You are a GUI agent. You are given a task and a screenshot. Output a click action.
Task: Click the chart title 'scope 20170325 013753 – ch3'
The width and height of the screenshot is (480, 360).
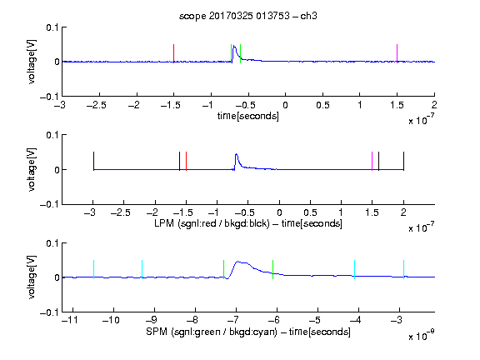click(x=248, y=16)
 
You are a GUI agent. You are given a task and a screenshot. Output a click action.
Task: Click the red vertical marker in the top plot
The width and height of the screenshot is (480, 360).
click(x=174, y=53)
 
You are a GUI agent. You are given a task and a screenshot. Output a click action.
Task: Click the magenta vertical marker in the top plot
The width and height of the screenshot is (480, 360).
click(x=397, y=53)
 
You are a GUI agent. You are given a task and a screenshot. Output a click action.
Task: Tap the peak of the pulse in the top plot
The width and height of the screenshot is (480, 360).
click(x=234, y=46)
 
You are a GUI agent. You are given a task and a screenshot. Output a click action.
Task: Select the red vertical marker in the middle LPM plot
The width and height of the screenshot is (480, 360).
click(x=186, y=161)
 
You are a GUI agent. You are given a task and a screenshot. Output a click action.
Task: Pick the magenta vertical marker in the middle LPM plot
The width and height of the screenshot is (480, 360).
click(x=372, y=161)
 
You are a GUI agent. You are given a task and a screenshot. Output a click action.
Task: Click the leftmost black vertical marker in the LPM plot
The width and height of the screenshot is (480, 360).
click(x=93, y=161)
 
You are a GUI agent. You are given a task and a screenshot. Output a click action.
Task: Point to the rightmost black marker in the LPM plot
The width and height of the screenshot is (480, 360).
click(x=404, y=161)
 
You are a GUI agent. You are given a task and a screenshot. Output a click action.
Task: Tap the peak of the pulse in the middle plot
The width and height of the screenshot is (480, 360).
click(x=236, y=154)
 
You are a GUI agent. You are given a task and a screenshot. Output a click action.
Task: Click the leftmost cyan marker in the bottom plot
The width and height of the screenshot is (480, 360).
click(x=93, y=269)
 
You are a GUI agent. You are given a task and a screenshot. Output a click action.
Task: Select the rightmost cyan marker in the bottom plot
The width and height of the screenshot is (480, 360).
click(x=404, y=269)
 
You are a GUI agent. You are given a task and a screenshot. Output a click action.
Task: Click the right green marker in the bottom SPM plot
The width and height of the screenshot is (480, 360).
click(x=272, y=269)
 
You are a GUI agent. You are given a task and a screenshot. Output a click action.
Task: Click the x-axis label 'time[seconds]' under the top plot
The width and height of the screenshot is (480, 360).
click(x=248, y=116)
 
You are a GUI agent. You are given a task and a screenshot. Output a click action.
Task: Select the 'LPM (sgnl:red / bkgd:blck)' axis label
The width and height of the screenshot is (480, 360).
click(x=212, y=223)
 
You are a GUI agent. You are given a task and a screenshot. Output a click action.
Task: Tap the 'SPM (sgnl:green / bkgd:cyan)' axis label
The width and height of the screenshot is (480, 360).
click(x=212, y=332)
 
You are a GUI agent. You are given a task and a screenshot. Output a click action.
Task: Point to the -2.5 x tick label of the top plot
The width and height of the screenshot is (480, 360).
click(x=97, y=105)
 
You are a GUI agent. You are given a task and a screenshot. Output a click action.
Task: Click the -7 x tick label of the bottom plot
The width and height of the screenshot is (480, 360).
click(x=233, y=320)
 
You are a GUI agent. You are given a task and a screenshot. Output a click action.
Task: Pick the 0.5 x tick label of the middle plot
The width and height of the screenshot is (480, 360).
click(x=310, y=212)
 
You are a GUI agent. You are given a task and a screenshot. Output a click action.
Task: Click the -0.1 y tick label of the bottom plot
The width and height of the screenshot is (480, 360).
click(x=50, y=312)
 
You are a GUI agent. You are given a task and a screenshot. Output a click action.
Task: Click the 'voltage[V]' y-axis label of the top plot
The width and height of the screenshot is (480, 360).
click(x=32, y=62)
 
